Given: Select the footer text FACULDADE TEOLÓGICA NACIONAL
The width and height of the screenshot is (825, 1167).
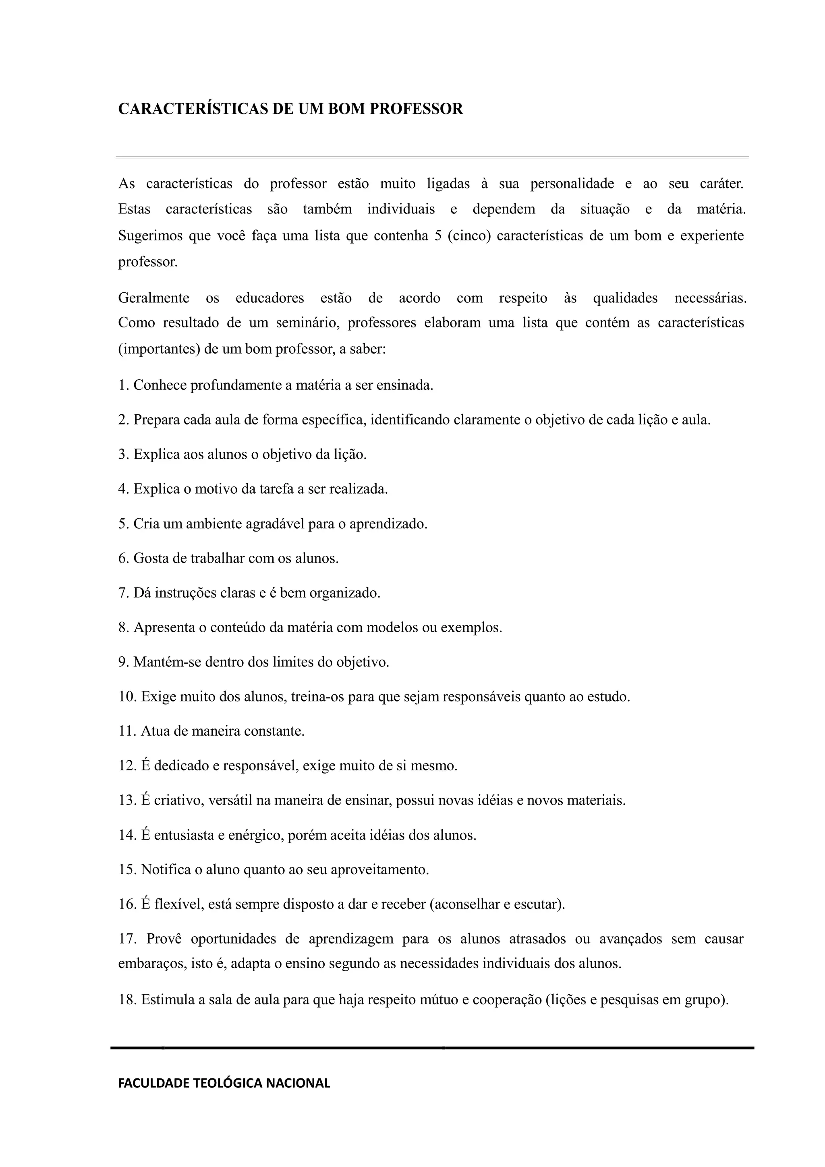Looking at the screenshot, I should (224, 1083).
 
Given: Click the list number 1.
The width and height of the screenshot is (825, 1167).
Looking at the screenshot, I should (122, 385).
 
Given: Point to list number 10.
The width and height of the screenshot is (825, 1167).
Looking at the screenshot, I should (127, 696).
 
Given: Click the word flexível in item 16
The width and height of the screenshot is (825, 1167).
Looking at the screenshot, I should (176, 904).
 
